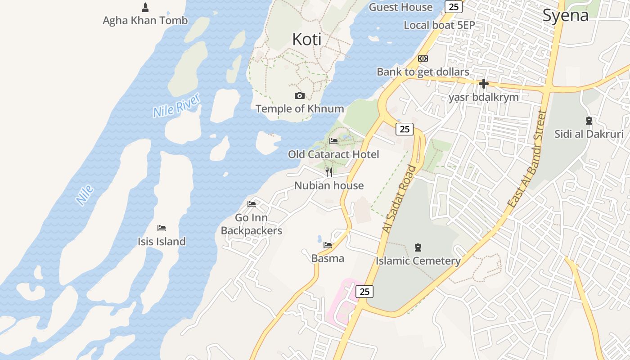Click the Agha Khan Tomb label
145,20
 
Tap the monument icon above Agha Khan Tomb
145,7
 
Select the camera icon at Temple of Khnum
299,95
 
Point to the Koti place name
307,39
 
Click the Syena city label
565,15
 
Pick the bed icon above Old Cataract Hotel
333,141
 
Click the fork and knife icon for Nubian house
329,172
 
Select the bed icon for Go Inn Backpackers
252,204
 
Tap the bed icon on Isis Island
162,228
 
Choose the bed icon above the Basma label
328,245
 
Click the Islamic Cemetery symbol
418,247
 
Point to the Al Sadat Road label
399,199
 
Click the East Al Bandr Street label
527,158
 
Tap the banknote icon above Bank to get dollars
423,58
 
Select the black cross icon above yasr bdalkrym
484,84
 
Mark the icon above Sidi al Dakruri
589,121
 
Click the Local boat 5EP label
439,25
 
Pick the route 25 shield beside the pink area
364,292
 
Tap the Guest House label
400,7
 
